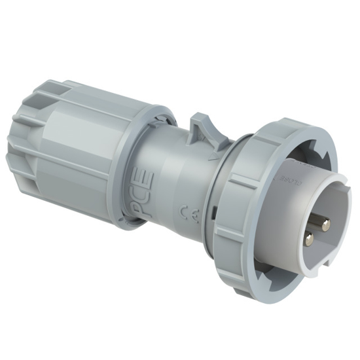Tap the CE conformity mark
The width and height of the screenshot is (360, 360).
pos(185,212)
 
